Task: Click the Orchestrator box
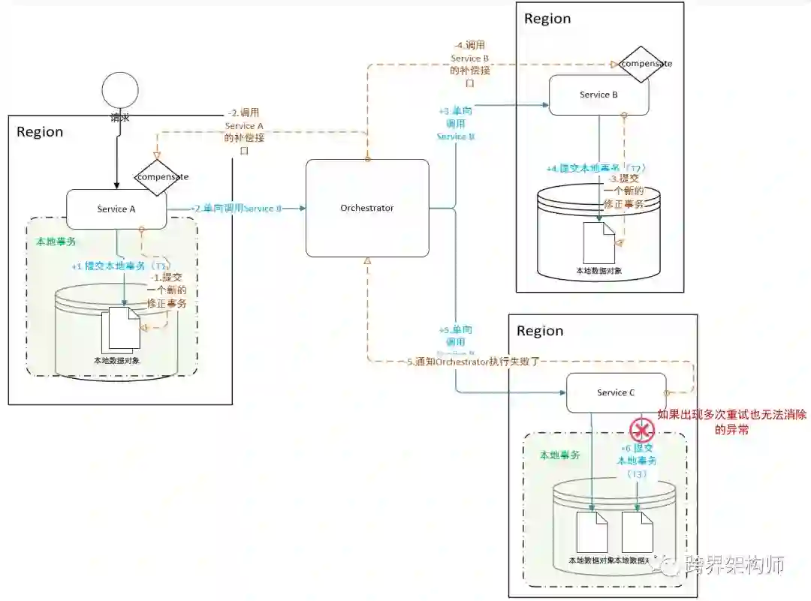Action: tap(367, 208)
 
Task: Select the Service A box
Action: tap(116, 209)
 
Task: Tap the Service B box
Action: tap(598, 95)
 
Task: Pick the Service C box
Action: tap(616, 392)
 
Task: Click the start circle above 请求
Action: tap(119, 92)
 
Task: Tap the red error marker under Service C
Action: tap(642, 430)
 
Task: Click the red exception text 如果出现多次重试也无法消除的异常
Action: tap(713, 422)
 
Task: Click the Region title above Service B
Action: tap(547, 19)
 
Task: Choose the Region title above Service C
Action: tap(539, 331)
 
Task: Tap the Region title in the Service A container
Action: tap(40, 132)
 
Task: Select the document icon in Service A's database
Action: tap(121, 329)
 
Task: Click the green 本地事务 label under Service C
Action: tap(560, 455)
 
